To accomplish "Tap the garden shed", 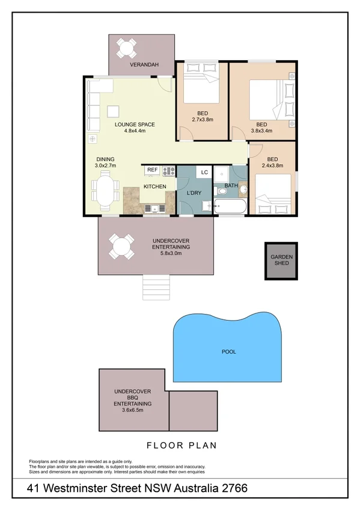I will pos(281,260).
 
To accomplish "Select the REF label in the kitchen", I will pos(152,170).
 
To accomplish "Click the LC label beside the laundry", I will pos(204,172).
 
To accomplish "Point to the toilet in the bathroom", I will pos(222,191).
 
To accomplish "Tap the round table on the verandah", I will pos(127,47).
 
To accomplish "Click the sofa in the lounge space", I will pos(94,106).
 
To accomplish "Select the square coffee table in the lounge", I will pos(113,110).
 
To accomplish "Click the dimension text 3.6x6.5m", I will pos(133,410).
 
